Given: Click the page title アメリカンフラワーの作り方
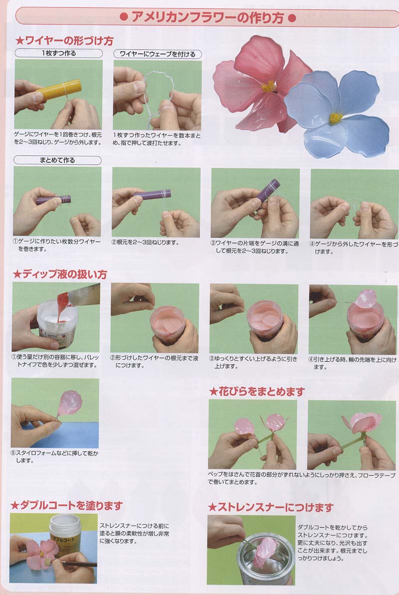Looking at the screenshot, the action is tap(207, 17).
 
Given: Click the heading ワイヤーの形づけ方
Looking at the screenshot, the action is tap(64, 40).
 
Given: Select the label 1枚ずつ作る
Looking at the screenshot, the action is tap(59, 53).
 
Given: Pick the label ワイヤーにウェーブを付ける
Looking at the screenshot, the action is tap(158, 54).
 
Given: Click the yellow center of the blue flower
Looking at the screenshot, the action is tap(335, 118).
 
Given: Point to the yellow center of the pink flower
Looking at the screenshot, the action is tap(268, 86).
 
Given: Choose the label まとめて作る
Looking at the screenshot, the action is tap(57, 160).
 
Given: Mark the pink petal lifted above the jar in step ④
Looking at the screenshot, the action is tap(366, 298).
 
